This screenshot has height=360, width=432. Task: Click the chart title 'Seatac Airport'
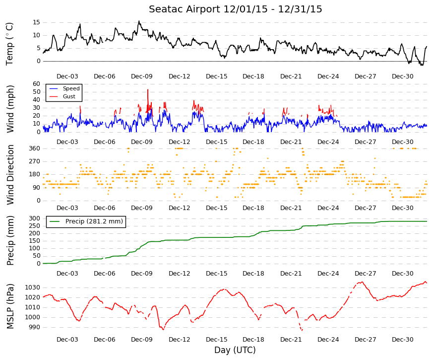pos(185,9)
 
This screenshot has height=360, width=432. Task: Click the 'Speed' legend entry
pos(71,88)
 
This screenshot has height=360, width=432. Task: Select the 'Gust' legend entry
pos(69,96)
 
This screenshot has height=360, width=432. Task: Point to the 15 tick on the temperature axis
pos(36,22)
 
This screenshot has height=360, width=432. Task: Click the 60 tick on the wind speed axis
pos(36,84)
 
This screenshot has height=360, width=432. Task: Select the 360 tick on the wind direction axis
pos(35,148)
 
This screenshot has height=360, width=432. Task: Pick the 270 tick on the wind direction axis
pos(35,161)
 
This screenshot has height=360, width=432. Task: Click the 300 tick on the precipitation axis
pos(35,218)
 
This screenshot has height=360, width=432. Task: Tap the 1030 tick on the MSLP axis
pos(33,288)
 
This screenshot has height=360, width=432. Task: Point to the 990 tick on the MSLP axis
pos(35,327)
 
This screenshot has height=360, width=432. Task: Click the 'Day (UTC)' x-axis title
pos(235,350)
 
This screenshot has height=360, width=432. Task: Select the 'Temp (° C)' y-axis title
pos(9,44)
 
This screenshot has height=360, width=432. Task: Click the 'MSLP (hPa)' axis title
pos(10,306)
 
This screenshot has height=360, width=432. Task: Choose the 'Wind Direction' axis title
pos(10,175)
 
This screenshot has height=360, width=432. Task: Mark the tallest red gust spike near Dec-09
pos(148,90)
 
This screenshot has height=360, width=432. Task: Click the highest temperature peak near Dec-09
pos(139,21)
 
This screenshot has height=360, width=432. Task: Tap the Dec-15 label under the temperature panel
pos(217,76)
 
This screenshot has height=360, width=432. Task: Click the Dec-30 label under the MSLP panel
pos(403,340)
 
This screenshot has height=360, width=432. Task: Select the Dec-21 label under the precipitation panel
pos(291,274)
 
